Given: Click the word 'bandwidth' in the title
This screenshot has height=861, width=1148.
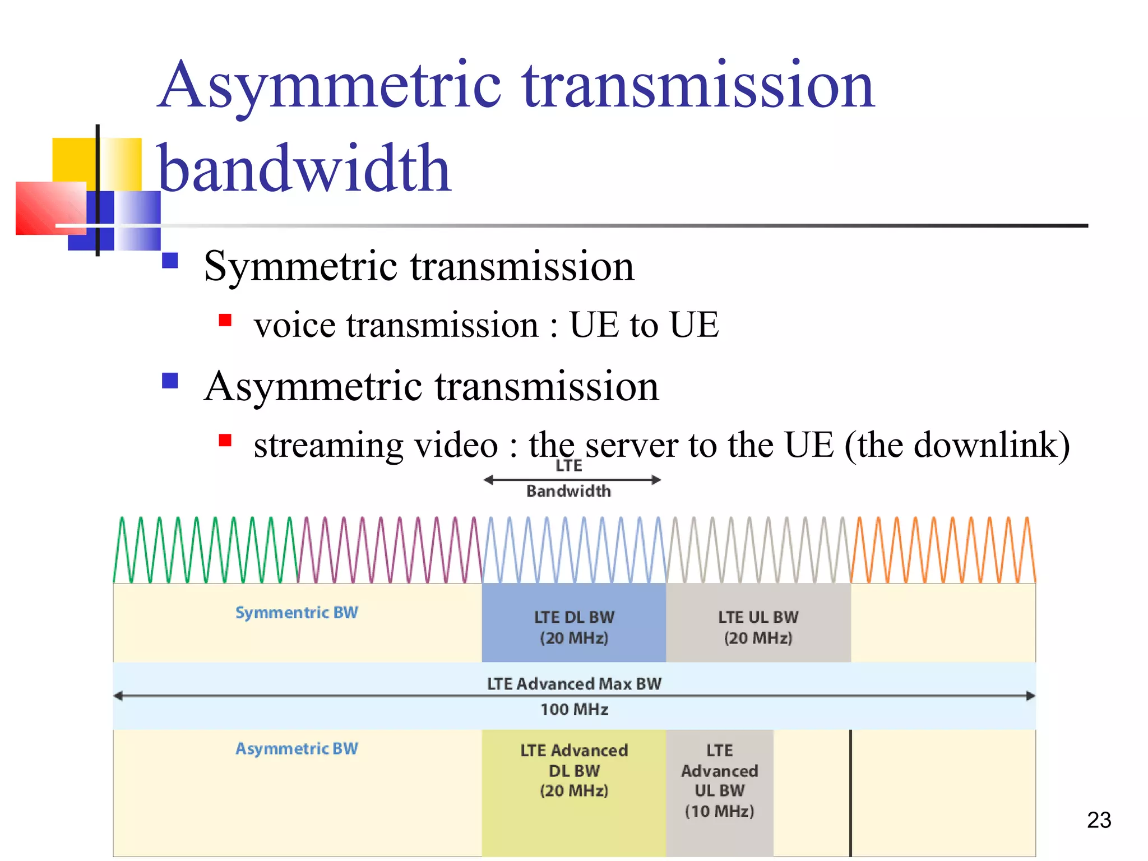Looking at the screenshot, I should click(304, 169).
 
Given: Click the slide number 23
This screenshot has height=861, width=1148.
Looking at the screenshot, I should click(1099, 820).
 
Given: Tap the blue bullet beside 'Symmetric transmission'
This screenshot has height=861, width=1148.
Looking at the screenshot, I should click(170, 261).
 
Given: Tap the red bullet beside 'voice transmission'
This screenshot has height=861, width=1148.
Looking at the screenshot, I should click(225, 320).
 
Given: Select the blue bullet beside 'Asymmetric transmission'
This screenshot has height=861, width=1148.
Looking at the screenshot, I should click(170, 381).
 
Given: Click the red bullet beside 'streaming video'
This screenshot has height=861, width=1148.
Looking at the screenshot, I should click(225, 440).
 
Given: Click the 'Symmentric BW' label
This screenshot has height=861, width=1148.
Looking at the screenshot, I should click(297, 612).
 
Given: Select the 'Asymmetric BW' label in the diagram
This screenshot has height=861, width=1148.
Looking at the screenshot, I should click(297, 748).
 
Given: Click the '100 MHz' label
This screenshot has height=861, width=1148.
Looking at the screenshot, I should click(574, 710).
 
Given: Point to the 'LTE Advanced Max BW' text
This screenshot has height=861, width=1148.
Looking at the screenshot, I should click(574, 684).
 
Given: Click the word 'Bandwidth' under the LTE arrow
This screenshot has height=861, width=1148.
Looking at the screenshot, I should click(568, 491).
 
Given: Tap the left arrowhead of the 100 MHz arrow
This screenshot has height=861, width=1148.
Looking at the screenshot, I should click(118, 696).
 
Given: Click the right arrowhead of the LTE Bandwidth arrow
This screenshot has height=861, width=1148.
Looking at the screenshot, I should click(656, 480).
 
